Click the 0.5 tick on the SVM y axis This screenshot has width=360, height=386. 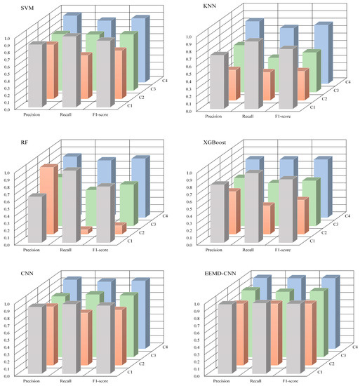pos(8,74)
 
